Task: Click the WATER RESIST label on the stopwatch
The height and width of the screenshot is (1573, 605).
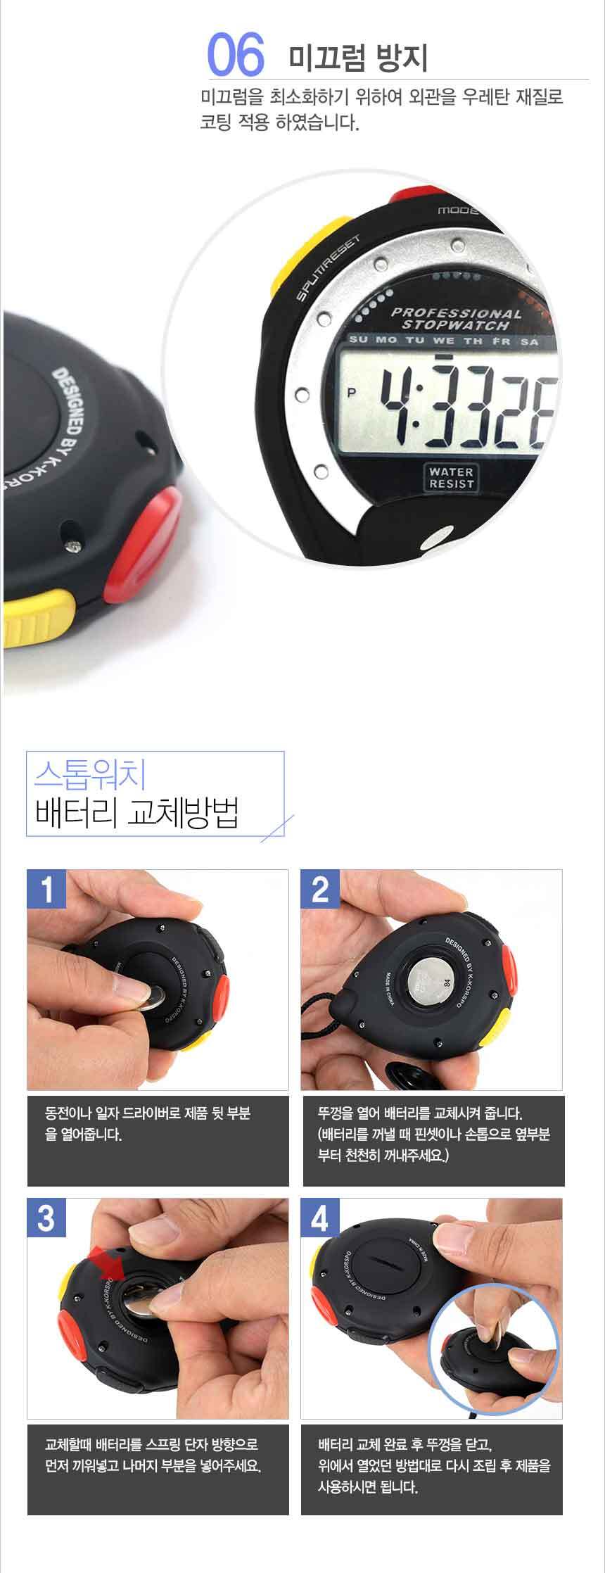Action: coord(451,477)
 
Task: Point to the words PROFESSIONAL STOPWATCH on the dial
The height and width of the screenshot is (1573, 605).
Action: coord(457,319)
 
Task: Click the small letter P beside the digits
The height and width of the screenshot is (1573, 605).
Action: coord(352,393)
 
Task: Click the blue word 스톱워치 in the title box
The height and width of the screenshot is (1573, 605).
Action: coord(90,775)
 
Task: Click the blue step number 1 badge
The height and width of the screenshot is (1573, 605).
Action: coord(46,889)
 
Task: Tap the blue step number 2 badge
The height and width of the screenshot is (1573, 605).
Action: coord(320,889)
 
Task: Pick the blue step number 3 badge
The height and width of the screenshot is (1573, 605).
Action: coord(46,1218)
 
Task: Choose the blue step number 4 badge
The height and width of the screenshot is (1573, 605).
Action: coord(320,1218)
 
